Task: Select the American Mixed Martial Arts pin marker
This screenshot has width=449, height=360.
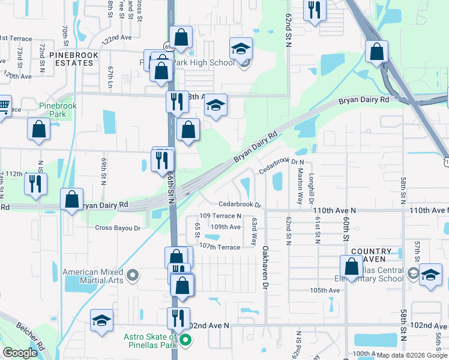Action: point(133,276)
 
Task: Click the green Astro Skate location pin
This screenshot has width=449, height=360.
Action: point(185,341)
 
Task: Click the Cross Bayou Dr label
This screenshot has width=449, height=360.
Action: point(117,228)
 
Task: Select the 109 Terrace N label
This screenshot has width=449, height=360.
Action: point(221,215)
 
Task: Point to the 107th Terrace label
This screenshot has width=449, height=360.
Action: point(220,247)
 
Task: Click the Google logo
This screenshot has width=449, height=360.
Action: point(20,353)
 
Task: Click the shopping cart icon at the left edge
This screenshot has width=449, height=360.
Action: point(4,107)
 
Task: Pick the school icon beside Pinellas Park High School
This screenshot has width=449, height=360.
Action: point(241,49)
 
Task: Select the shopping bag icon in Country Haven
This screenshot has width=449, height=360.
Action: point(351,266)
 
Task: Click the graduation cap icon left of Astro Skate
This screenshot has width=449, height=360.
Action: point(101,321)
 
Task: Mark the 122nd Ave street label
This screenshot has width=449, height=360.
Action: point(116,38)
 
